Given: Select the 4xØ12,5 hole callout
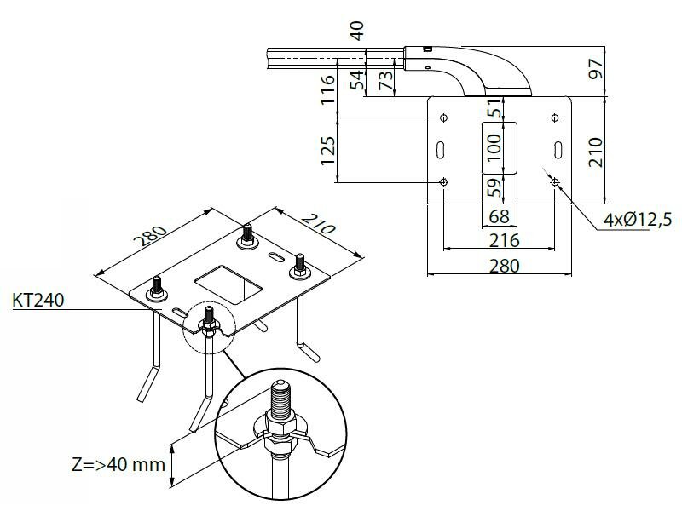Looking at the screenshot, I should click(635, 220).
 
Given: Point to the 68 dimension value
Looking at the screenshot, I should click(500, 217).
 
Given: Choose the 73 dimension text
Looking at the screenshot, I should click(385, 81).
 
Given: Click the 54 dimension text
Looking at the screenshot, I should click(358, 81).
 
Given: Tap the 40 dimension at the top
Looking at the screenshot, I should click(358, 32).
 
